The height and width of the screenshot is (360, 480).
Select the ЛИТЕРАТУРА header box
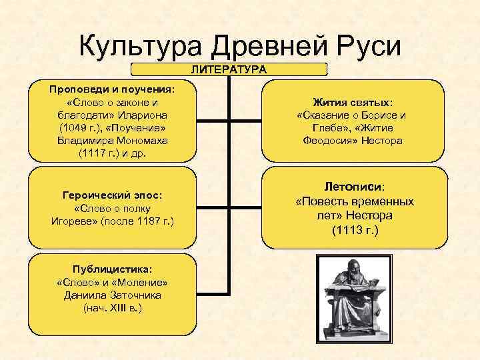pos(229,69)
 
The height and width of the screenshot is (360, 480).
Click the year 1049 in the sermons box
pos(73,127)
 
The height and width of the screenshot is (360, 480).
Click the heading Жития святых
pos(353,103)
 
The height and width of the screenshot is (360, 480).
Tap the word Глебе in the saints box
pos(327,128)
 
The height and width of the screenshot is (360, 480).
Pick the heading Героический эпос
pos(112,195)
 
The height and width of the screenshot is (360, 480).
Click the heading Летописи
pos(354,187)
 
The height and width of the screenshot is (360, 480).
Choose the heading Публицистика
pos(112,269)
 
